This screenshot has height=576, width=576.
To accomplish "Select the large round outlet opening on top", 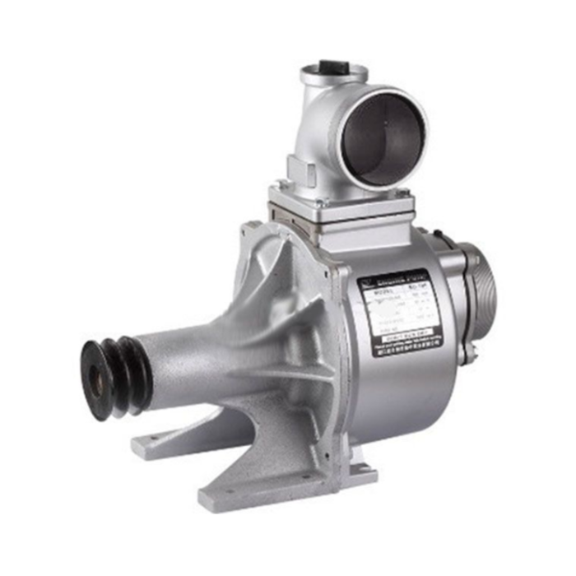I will click(384, 138).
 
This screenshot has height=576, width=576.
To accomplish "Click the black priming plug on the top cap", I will click(332, 67).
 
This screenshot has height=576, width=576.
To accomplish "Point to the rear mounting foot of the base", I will click(165, 440).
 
